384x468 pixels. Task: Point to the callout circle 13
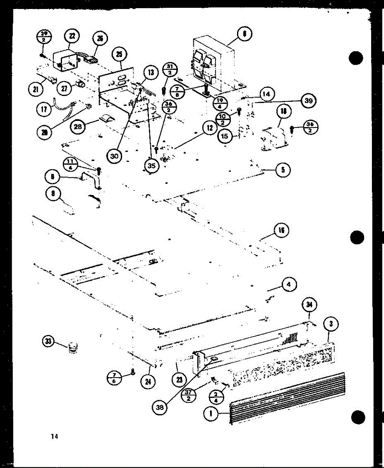150,72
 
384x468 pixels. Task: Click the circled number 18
283,112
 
